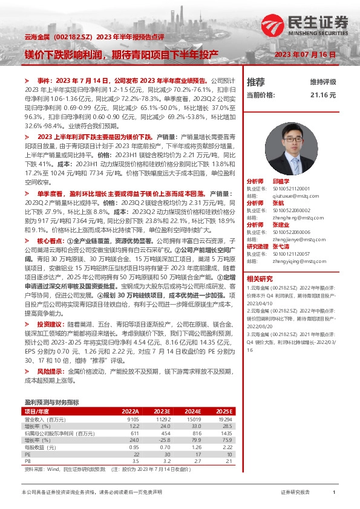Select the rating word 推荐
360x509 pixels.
click(256, 82)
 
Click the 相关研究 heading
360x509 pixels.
click(261, 279)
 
